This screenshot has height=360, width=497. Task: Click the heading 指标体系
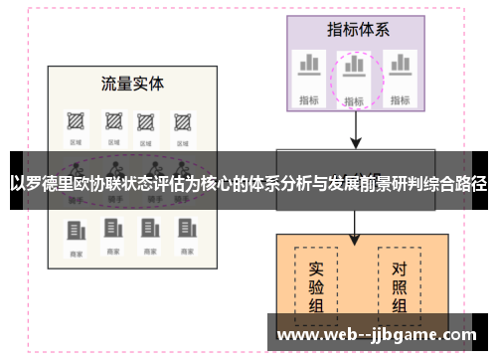[x=353, y=28]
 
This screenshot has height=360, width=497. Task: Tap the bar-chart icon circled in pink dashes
[x=353, y=71]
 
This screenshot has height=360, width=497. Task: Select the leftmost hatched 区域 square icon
[x=75, y=122]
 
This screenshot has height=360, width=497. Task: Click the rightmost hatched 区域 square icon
[x=182, y=122]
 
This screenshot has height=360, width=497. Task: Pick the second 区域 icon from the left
[x=111, y=122]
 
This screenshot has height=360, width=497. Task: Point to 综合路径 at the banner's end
[x=452, y=184]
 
